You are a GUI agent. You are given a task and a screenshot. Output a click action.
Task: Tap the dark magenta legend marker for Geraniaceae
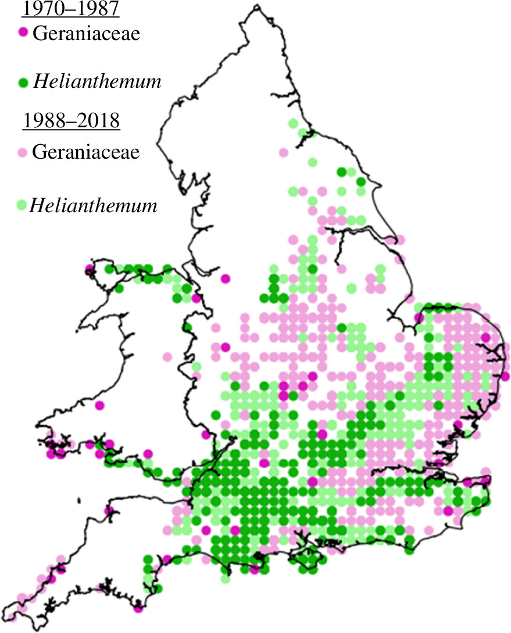(23, 33)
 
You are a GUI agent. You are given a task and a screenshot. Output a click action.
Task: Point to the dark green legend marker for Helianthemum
(23, 83)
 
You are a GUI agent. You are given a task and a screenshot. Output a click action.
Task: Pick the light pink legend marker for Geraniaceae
(23, 152)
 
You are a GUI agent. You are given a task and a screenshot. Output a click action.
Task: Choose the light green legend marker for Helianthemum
(22, 205)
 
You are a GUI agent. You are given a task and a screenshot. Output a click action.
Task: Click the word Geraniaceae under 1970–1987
(86, 34)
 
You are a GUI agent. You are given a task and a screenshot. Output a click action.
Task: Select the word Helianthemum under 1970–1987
(97, 82)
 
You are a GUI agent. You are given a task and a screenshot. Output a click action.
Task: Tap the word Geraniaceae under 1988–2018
(86, 153)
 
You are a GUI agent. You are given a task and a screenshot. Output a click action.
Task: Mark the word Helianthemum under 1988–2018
(93, 205)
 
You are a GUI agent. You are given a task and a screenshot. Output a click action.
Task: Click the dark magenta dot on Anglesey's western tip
(89, 269)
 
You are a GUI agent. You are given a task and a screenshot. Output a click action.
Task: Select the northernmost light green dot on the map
(294, 123)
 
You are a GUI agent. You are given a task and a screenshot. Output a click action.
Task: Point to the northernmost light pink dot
(283, 152)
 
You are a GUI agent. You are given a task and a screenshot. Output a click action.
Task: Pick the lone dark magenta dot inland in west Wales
(99, 405)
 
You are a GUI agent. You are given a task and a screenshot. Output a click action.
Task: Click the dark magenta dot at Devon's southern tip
(138, 609)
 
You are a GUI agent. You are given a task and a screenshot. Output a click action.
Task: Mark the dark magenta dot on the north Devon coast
(108, 511)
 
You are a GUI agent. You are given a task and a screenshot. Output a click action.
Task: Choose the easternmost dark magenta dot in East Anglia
(505, 376)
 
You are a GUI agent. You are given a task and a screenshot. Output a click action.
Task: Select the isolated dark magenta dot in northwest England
(225, 279)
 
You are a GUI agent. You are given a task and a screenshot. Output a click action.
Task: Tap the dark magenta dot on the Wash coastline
(419, 317)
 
